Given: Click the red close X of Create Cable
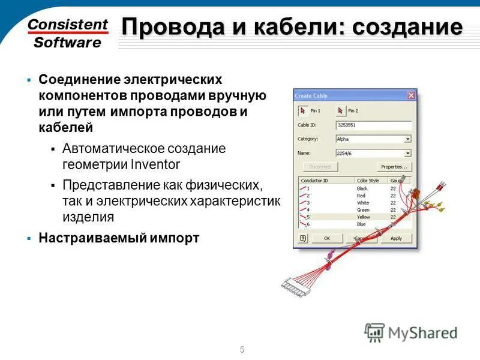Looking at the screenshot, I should pos(411,95).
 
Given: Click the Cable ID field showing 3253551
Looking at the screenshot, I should pos(373,125).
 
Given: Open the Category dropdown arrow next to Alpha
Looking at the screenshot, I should pos(408,139).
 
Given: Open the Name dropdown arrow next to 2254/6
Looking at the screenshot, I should pos(408,153).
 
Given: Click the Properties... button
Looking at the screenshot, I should pos(394,167).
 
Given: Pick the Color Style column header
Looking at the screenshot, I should pos(368,180).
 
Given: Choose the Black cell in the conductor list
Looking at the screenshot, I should pos(362,188).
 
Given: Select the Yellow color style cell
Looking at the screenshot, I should pos(363,217).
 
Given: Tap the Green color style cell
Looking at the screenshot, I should pos(362,209).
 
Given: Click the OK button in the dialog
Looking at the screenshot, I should pos(327,238).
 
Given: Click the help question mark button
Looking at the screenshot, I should pos(302,238).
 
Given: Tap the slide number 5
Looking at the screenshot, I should pos(242,350).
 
